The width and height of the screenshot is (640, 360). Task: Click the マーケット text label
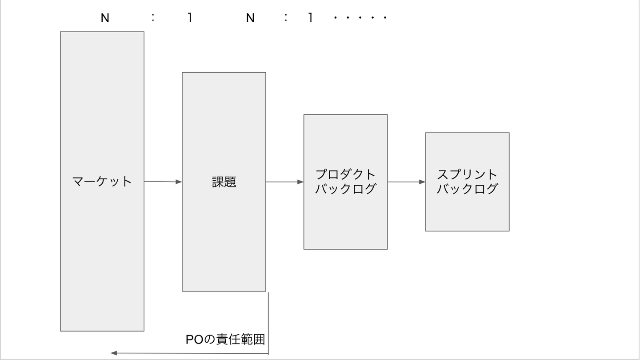click(102, 182)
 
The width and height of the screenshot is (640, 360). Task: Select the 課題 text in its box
click(224, 182)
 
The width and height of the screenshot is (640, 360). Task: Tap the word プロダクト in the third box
click(345, 174)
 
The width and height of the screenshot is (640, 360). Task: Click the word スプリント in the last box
click(467, 174)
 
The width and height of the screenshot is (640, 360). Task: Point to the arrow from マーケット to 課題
click(163, 182)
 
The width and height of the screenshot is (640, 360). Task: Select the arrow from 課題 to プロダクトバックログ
click(284, 182)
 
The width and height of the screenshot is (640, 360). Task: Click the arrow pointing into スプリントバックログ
click(406, 182)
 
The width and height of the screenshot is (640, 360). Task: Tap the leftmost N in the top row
click(105, 18)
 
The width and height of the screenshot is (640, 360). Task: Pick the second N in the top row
click(250, 18)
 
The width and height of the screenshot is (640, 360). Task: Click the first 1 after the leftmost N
click(190, 18)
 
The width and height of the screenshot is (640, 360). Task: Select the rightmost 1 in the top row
click(311, 18)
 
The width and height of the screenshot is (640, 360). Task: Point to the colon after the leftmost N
click(153, 18)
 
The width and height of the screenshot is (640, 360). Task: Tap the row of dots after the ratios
click(360, 18)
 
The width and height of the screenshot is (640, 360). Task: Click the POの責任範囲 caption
click(225, 340)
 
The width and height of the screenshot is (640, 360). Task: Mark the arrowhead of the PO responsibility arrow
click(114, 353)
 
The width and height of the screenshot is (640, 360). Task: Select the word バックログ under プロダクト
click(345, 189)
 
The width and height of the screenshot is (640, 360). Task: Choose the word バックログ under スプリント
click(467, 189)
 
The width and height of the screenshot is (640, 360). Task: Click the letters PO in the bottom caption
click(194, 340)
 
